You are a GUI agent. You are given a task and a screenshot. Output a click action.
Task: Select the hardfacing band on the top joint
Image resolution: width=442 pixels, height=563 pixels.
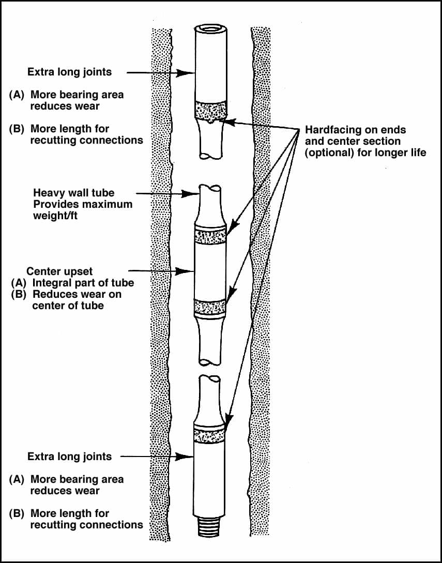210,110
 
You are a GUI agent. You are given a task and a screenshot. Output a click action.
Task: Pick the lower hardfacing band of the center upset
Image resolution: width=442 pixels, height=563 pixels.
210,308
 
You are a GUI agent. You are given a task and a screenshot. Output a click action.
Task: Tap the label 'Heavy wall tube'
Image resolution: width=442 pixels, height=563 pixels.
74,193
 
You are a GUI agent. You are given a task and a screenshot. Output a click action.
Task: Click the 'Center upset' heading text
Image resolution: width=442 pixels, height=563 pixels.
60,271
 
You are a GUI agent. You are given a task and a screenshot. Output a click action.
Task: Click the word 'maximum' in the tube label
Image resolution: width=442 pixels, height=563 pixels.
108,204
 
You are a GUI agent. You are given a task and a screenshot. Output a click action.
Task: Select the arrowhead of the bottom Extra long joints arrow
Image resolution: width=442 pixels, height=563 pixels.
189,457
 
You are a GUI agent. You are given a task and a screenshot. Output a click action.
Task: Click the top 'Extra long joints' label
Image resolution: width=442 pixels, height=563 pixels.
69,72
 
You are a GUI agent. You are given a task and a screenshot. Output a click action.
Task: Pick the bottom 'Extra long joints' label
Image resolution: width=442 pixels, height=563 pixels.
69,457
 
